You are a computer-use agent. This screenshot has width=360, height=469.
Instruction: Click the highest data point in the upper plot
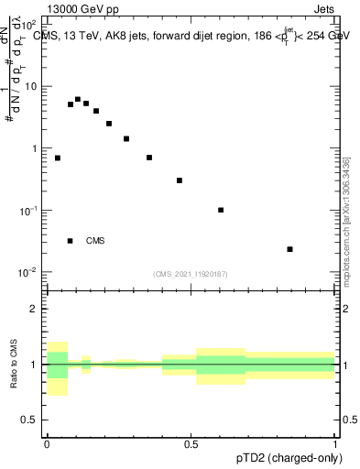click(78, 99)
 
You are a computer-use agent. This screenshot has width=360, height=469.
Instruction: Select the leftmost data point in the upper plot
click(58, 158)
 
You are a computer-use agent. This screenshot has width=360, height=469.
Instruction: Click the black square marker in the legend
click(70, 241)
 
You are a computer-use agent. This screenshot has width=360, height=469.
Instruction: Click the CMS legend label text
click(95, 241)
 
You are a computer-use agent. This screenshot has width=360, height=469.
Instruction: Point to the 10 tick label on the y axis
click(30, 86)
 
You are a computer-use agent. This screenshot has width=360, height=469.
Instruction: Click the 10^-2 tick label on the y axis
click(28, 272)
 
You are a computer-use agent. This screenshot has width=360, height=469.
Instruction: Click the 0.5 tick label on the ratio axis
click(30, 421)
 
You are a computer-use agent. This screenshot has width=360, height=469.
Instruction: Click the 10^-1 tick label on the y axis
click(28, 211)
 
